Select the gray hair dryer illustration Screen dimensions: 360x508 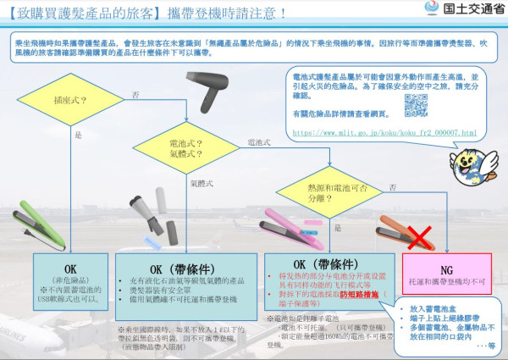[213, 86]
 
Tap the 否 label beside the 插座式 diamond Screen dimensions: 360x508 [136, 97]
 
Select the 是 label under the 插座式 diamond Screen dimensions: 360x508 [79, 136]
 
